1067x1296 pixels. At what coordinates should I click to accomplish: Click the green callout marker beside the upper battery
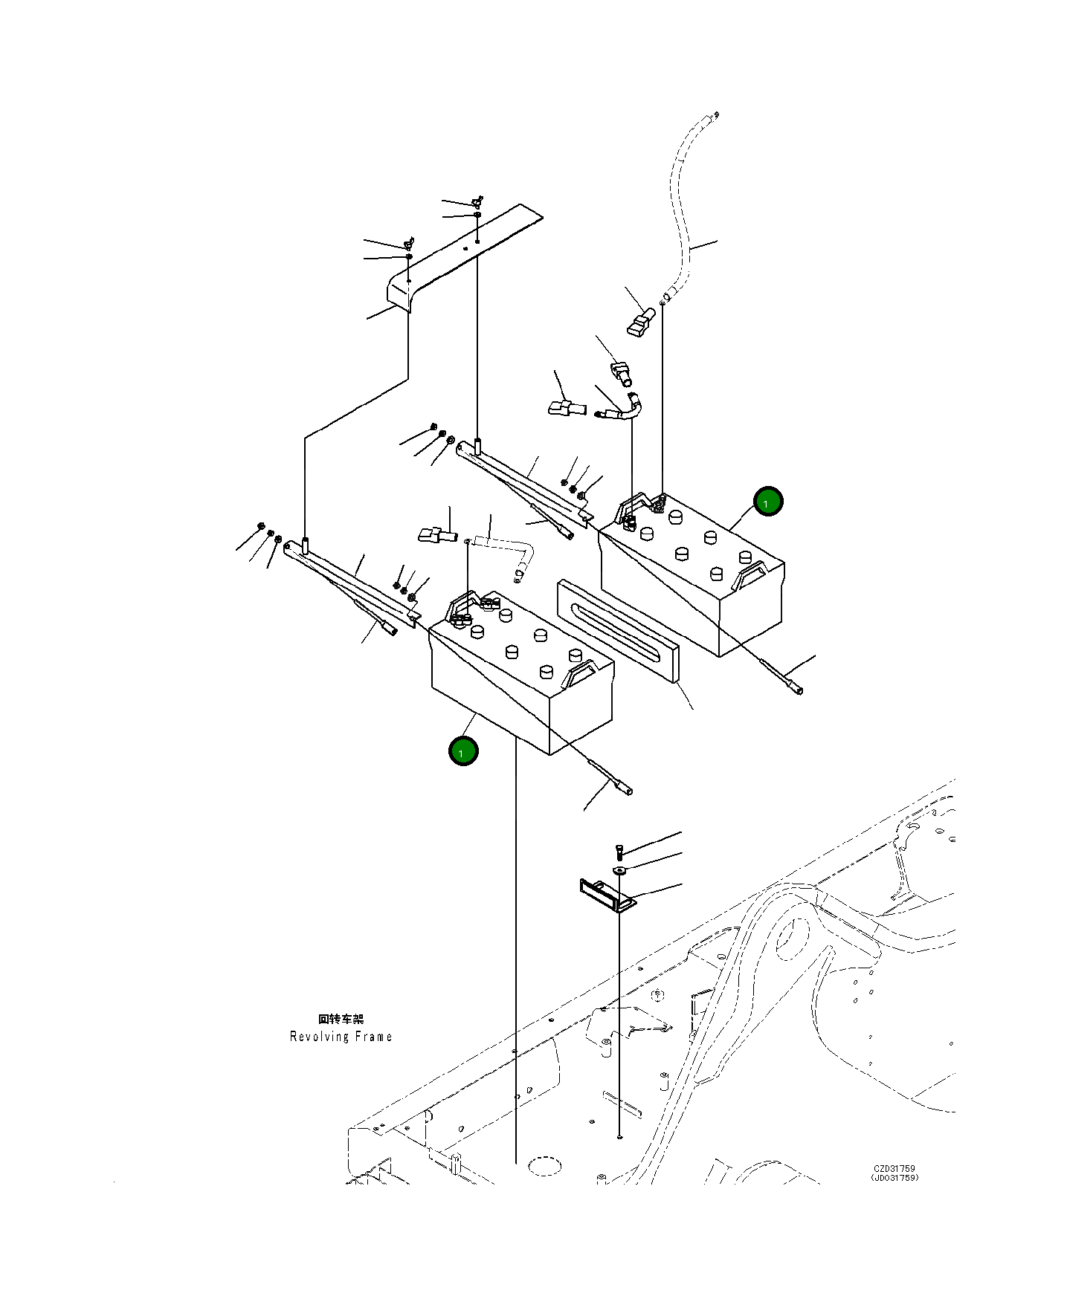pyautogui.click(x=767, y=502)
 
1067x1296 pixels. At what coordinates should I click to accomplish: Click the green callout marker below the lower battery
pyautogui.click(x=462, y=751)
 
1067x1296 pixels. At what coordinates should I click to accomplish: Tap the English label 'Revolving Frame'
pyautogui.click(x=341, y=1037)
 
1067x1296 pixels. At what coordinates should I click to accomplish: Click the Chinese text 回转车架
pyautogui.click(x=341, y=1019)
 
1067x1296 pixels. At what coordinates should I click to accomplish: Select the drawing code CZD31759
pyautogui.click(x=894, y=1168)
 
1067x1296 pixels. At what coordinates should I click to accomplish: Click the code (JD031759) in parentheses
pyautogui.click(x=894, y=1177)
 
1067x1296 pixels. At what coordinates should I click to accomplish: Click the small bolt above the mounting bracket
pyautogui.click(x=619, y=852)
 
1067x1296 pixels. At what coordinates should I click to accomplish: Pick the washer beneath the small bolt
pyautogui.click(x=620, y=869)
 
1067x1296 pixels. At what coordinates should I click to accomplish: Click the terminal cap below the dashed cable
pyautogui.click(x=641, y=322)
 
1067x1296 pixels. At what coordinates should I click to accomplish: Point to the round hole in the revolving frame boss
pyautogui.click(x=791, y=937)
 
